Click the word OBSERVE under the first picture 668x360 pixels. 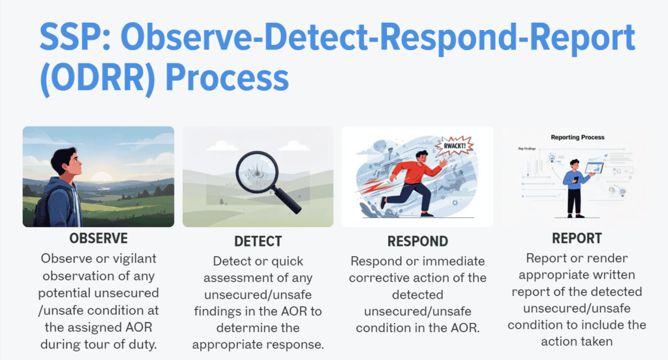pos(98,238)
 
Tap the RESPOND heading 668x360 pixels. pos(417,241)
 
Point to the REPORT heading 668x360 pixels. pos(577,239)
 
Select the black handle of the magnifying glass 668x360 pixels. pos(290,202)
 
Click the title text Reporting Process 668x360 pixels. pos(577,138)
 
